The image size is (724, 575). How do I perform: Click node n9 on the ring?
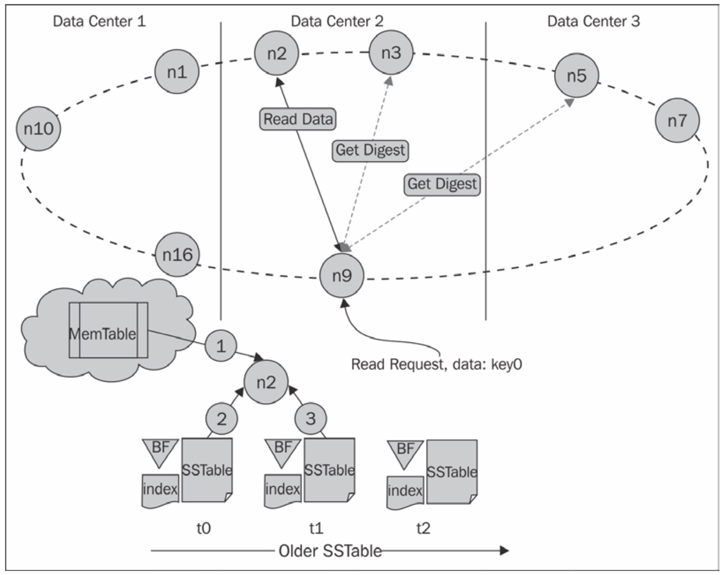pyautogui.click(x=342, y=276)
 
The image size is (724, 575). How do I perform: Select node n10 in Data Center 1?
pyautogui.click(x=38, y=128)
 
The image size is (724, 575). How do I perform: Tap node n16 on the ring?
pyautogui.click(x=177, y=254)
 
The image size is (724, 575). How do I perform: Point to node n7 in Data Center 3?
pyautogui.click(x=677, y=121)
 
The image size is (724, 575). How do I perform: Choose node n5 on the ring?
pyautogui.click(x=576, y=76)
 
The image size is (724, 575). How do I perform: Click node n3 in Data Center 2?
pyautogui.click(x=391, y=53)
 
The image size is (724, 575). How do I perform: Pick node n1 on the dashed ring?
pyautogui.click(x=176, y=72)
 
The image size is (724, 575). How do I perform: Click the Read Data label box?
pyautogui.click(x=298, y=119)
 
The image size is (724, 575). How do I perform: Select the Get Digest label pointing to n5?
pyautogui.click(x=442, y=184)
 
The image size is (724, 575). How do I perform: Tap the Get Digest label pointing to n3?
pyautogui.click(x=370, y=150)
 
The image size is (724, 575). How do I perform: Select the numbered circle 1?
pyautogui.click(x=220, y=346)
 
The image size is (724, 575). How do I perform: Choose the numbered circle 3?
pyautogui.click(x=310, y=418)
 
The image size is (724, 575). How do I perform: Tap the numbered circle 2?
pyautogui.click(x=221, y=419)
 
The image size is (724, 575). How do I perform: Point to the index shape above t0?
pyautogui.click(x=160, y=490)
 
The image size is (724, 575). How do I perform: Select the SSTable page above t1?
pyautogui.click(x=329, y=470)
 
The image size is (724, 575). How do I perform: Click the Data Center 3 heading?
pyautogui.click(x=593, y=21)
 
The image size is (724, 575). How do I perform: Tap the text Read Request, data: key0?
pyautogui.click(x=436, y=364)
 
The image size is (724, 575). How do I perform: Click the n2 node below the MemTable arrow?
pyautogui.click(x=266, y=382)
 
